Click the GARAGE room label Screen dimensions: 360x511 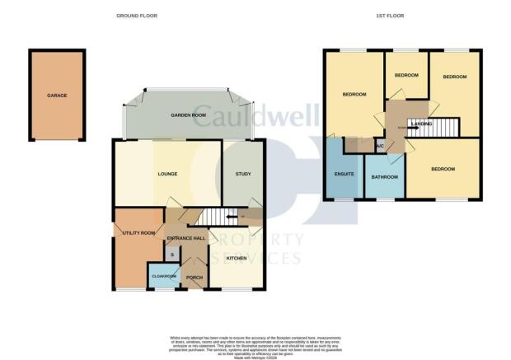57,96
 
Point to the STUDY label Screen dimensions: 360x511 243,174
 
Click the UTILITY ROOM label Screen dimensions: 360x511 138,233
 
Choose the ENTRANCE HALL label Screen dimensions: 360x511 185,238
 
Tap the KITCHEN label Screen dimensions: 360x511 237,258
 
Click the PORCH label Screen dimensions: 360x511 195,277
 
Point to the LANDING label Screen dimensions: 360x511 422,124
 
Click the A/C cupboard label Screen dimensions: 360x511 380,147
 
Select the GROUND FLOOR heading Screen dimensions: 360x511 137,15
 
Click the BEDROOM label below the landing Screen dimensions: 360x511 443,169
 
